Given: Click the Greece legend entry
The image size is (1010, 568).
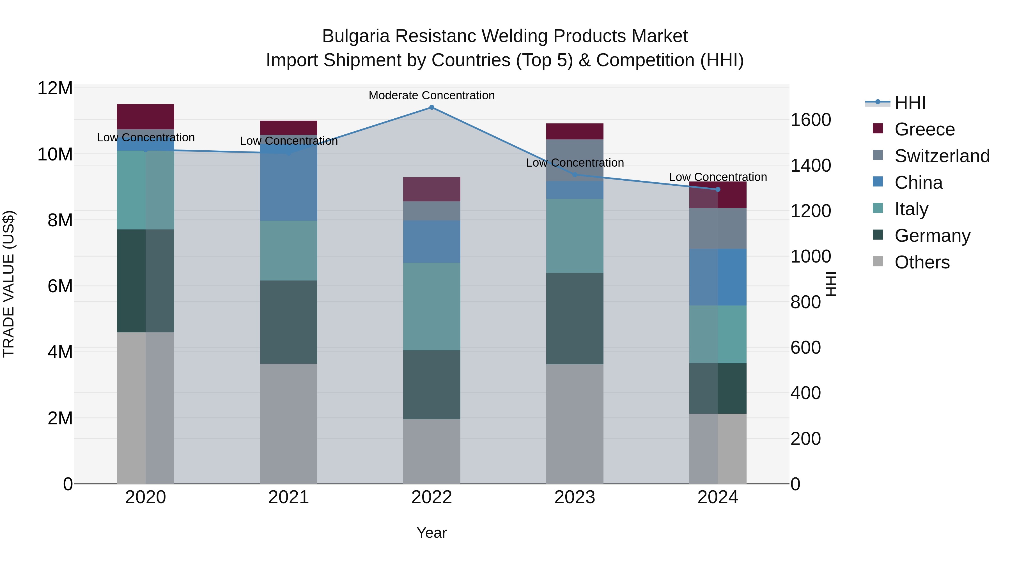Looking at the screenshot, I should tap(924, 129).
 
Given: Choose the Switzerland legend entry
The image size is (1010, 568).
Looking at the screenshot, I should tap(941, 156).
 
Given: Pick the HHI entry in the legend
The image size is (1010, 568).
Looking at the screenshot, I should tap(910, 103).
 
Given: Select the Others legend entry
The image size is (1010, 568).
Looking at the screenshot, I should tap(921, 262).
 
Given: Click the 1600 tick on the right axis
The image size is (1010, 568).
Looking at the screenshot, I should tap(810, 120).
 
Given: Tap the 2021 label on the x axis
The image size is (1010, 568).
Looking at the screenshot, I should tap(289, 497).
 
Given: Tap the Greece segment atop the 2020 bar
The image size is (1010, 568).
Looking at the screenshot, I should tap(145, 116).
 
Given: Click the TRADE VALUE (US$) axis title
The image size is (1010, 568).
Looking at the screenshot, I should tap(9, 284).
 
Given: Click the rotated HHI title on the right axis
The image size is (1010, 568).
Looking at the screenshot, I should tap(831, 284).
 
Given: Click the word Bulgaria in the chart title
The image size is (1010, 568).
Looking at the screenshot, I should tap(356, 36).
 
